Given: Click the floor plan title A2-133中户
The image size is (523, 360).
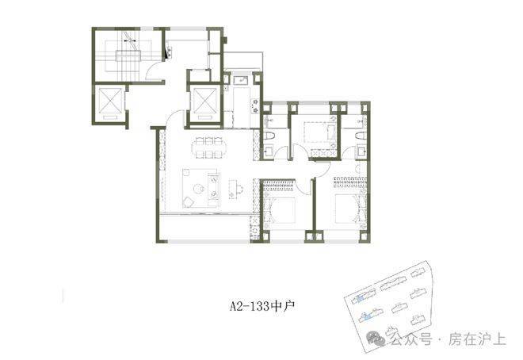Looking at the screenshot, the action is coord(261,305).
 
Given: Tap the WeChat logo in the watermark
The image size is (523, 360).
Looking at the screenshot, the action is coord(376,339).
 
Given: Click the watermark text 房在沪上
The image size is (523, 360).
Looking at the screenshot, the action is coord(477,339).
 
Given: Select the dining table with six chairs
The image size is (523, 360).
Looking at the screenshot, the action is coord(208,147).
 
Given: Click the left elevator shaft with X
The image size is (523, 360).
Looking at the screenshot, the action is coord(109,100).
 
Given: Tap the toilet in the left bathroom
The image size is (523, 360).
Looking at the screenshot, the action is coord(269,137).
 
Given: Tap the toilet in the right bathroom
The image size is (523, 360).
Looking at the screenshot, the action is coord(360,137).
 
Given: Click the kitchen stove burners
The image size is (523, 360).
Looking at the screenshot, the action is coord(255,105).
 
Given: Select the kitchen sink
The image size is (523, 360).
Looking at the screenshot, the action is coord(240,80).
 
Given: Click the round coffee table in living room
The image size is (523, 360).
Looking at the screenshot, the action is coord(200,189).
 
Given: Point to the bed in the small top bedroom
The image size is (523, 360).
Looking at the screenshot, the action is coord(319,132).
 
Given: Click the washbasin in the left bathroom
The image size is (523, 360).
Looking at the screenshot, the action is coord(269,152).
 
